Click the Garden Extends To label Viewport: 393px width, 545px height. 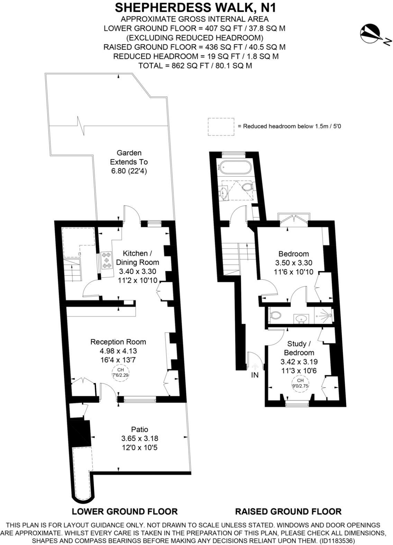point(129,161)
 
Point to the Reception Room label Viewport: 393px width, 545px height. point(118,342)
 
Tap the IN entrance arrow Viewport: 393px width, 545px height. point(255,368)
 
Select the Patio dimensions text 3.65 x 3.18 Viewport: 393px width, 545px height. point(139,438)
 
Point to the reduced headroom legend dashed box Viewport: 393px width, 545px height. point(221,126)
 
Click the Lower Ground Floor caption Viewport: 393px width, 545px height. point(125,511)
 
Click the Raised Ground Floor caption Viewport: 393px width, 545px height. point(288,511)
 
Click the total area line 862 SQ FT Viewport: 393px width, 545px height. point(195,65)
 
